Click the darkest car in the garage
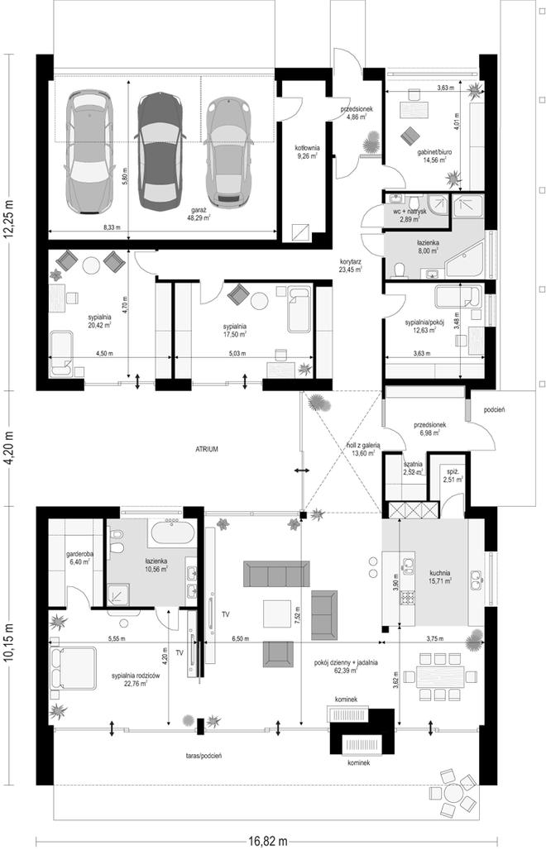tap(159, 149)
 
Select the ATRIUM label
tap(207, 449)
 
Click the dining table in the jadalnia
tap(448, 674)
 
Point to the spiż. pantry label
tap(451, 475)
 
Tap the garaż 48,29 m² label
tap(199, 217)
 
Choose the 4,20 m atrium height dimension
tap(9, 446)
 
